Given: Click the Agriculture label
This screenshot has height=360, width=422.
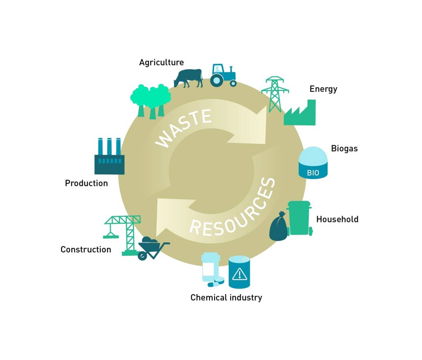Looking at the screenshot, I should pyautogui.click(x=161, y=62).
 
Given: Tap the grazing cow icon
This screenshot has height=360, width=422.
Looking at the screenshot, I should pyautogui.click(x=189, y=78).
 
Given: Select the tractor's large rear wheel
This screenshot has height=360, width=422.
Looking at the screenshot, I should pyautogui.click(x=217, y=80).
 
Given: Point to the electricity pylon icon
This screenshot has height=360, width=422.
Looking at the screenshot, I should pyautogui.click(x=275, y=93).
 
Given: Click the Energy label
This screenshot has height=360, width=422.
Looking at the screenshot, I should pyautogui.click(x=323, y=89).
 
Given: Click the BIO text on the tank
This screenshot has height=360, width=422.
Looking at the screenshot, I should pyautogui.click(x=313, y=173).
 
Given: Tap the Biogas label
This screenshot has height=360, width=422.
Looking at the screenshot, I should pyautogui.click(x=344, y=148).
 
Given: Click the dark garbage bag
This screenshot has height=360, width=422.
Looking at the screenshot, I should pyautogui.click(x=278, y=228).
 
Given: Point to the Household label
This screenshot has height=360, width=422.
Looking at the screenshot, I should pyautogui.click(x=337, y=219).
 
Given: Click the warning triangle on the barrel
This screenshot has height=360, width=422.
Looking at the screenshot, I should pyautogui.click(x=239, y=274).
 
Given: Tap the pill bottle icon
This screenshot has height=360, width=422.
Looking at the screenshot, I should pyautogui.click(x=210, y=267).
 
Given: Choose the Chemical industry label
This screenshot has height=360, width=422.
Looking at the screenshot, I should pyautogui.click(x=226, y=298).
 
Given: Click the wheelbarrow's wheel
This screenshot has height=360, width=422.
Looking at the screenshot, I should pyautogui.click(x=143, y=256).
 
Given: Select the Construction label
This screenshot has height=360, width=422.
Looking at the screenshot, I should pyautogui.click(x=86, y=249).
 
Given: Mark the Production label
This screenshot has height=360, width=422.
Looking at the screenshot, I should pyautogui.click(x=86, y=183).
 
